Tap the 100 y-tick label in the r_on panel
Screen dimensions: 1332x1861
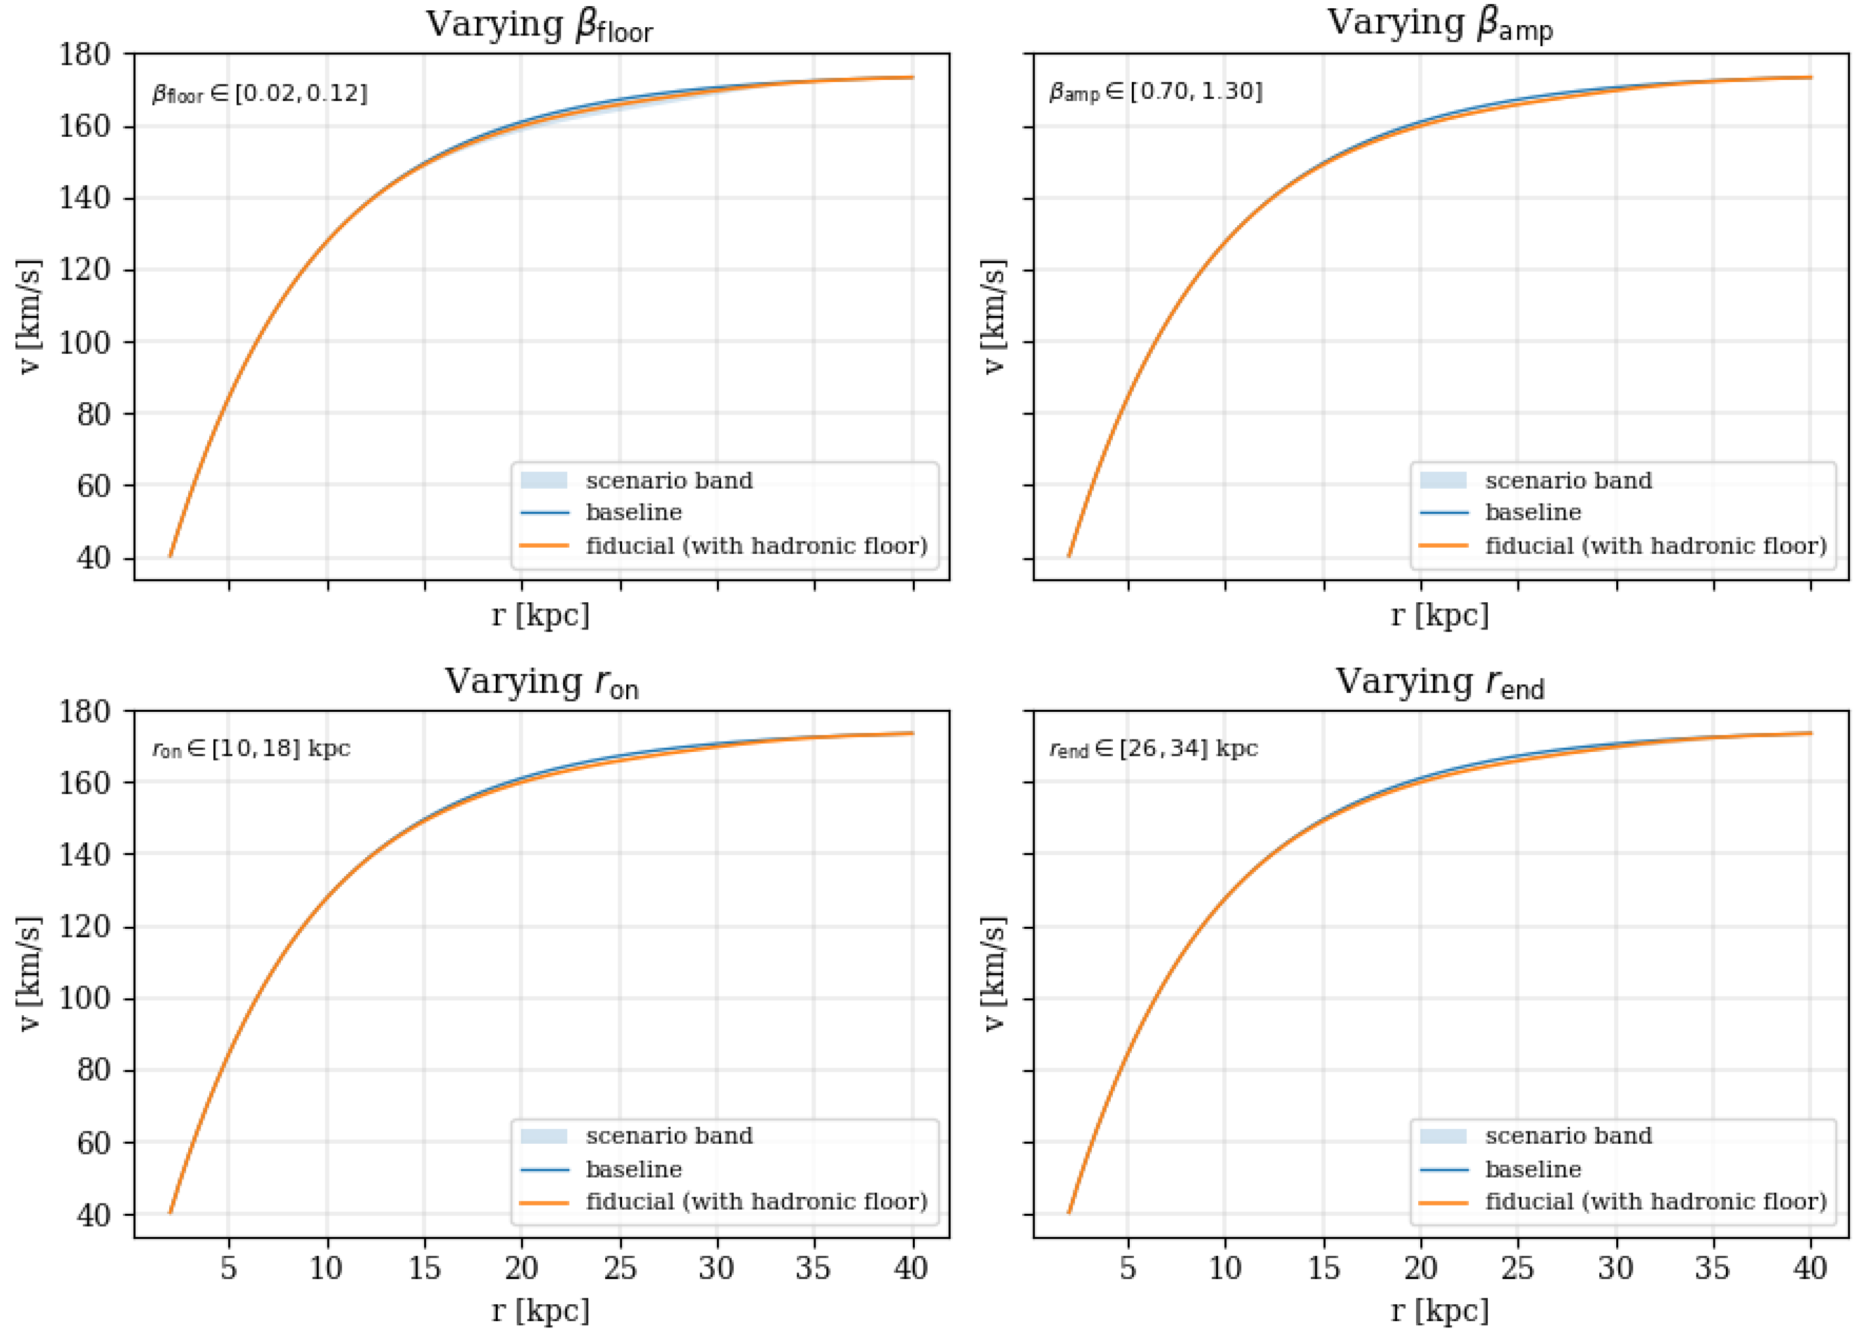84,998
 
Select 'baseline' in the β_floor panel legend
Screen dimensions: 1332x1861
633,513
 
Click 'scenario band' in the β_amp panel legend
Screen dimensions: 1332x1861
1568,481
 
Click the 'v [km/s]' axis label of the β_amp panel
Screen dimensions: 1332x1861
993,317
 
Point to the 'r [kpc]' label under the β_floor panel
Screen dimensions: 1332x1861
539,615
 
